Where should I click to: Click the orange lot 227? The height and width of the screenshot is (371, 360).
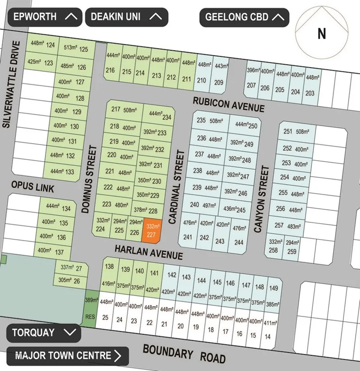(x=151, y=231)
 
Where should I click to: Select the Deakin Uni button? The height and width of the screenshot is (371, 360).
(x=126, y=17)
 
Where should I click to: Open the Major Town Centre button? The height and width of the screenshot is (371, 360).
(x=67, y=355)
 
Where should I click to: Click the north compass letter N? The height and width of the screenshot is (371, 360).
(x=322, y=34)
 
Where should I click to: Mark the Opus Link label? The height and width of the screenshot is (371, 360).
(x=33, y=187)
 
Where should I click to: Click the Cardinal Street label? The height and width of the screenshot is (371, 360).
(x=176, y=187)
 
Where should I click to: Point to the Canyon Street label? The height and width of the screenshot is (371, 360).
(x=262, y=199)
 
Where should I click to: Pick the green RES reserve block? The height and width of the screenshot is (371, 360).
(x=90, y=310)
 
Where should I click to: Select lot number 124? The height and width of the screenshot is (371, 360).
(x=51, y=46)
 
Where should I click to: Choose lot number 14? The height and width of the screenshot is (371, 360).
(x=268, y=336)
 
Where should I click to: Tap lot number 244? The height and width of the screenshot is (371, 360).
(x=238, y=242)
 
